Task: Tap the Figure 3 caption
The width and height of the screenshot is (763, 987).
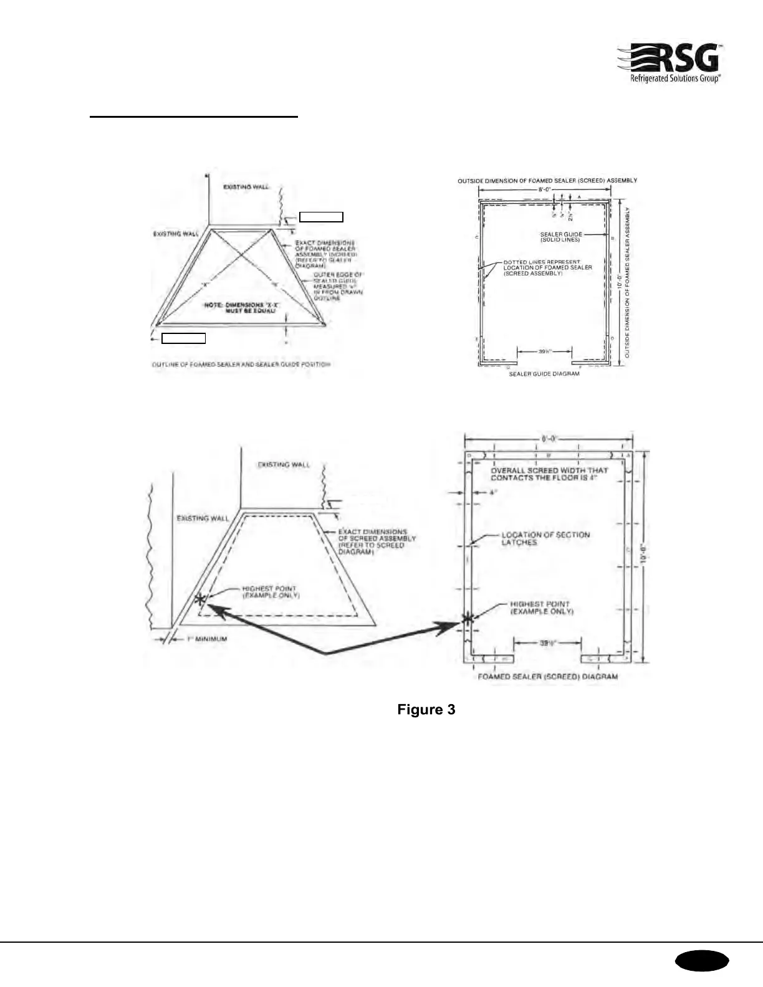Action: coord(426,709)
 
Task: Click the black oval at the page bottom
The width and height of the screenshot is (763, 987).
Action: coord(701,961)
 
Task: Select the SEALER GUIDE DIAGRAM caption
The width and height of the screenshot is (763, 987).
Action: coord(544,374)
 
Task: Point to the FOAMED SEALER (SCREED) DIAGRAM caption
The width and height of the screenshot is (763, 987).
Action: coord(547,676)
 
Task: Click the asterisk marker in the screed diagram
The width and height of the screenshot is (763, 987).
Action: coord(467,618)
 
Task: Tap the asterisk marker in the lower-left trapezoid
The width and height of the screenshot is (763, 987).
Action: coord(199,599)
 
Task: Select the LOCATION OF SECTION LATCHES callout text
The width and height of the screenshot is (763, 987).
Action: coord(545,538)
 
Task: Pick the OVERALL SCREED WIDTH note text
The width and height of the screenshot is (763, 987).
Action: coord(549,474)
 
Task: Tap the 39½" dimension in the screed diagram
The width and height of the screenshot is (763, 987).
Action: coord(548,644)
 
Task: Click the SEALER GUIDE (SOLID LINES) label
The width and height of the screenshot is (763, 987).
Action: coord(561,237)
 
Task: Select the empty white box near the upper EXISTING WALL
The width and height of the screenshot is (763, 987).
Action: coord(321,217)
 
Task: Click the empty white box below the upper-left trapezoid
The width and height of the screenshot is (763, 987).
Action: coord(183,338)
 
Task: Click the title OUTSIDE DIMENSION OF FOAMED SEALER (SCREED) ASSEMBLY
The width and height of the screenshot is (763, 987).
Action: coord(547,181)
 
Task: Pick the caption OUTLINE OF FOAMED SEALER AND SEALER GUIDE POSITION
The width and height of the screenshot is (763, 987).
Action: coord(241,365)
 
